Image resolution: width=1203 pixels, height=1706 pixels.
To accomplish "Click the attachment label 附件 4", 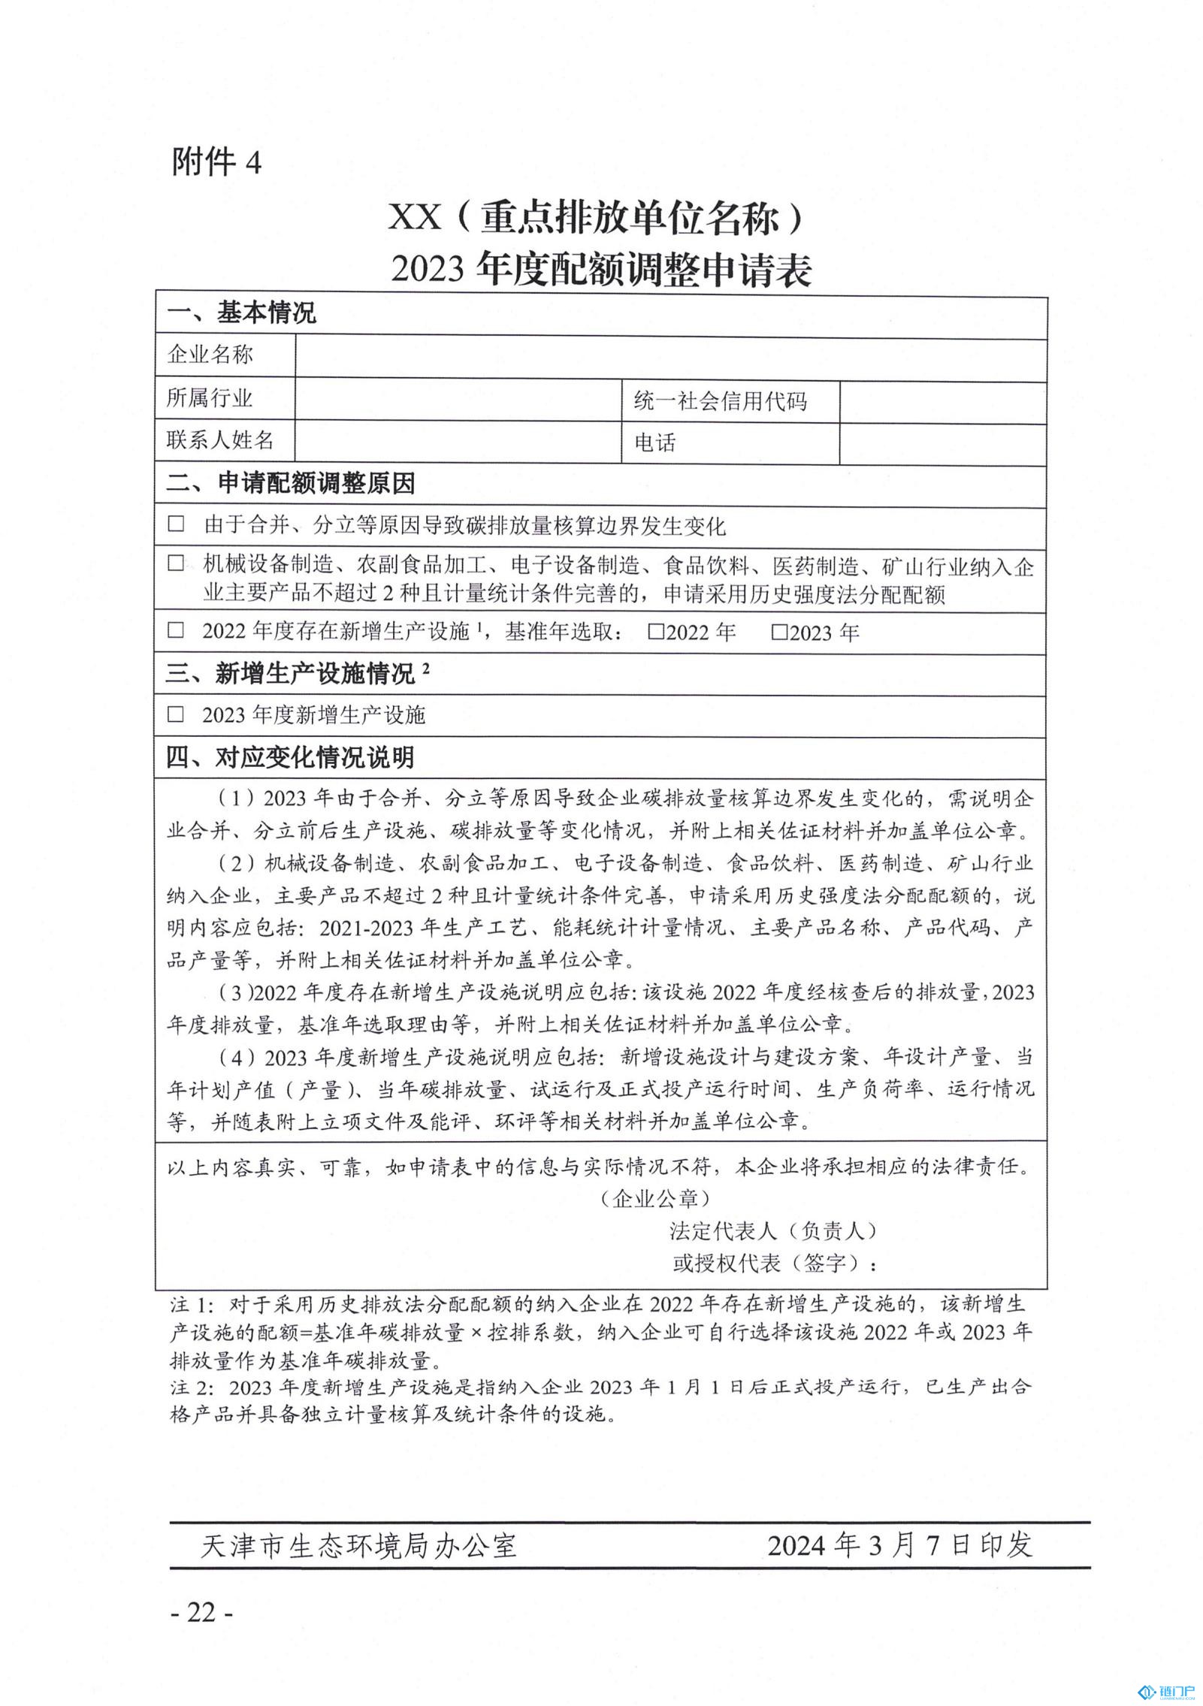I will pyautogui.click(x=216, y=162).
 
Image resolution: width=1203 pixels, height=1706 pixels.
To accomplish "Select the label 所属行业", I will pyautogui.click(x=210, y=399).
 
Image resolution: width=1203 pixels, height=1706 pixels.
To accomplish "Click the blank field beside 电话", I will pyautogui.click(x=942, y=443).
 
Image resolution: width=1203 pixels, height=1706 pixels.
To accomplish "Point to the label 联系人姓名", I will pyautogui.click(x=219, y=440).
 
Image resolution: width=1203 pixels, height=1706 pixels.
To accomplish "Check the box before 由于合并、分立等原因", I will pyautogui.click(x=176, y=524).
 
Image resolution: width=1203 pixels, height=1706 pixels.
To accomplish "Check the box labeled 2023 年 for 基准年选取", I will pyautogui.click(x=780, y=632).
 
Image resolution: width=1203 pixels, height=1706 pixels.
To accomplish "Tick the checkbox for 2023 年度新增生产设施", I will pyautogui.click(x=176, y=714).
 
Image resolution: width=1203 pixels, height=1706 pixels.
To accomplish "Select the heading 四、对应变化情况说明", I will pyautogui.click(x=290, y=757).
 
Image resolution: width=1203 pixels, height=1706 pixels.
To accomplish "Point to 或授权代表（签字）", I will pyautogui.click(x=774, y=1264).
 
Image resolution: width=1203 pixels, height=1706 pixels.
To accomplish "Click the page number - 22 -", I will pyautogui.click(x=202, y=1612).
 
